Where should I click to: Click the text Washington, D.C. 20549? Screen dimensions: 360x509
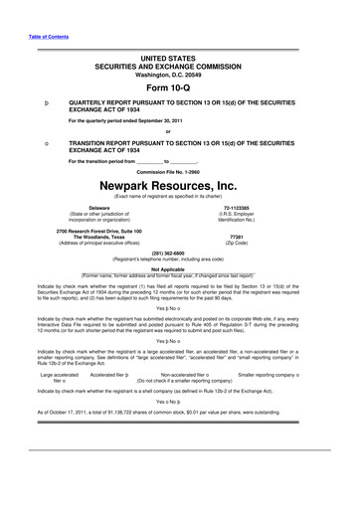[180, 73]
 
